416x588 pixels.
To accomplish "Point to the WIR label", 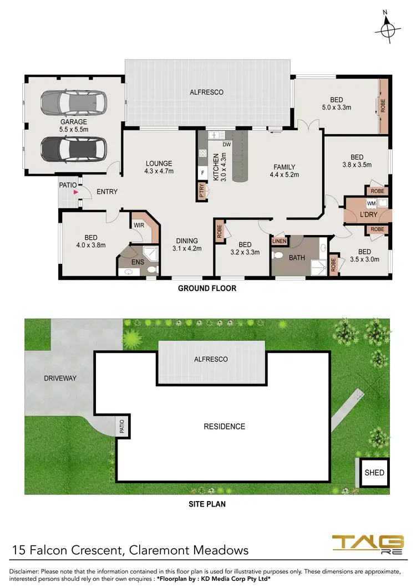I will click(139, 225).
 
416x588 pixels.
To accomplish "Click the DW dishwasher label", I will click(226, 145).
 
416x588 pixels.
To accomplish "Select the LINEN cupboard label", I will click(279, 241).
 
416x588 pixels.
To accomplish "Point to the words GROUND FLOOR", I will click(207, 288).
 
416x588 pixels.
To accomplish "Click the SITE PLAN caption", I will click(207, 504).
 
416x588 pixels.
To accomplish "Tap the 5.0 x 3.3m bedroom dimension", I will click(336, 108).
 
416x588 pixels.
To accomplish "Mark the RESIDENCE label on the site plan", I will click(224, 426).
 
